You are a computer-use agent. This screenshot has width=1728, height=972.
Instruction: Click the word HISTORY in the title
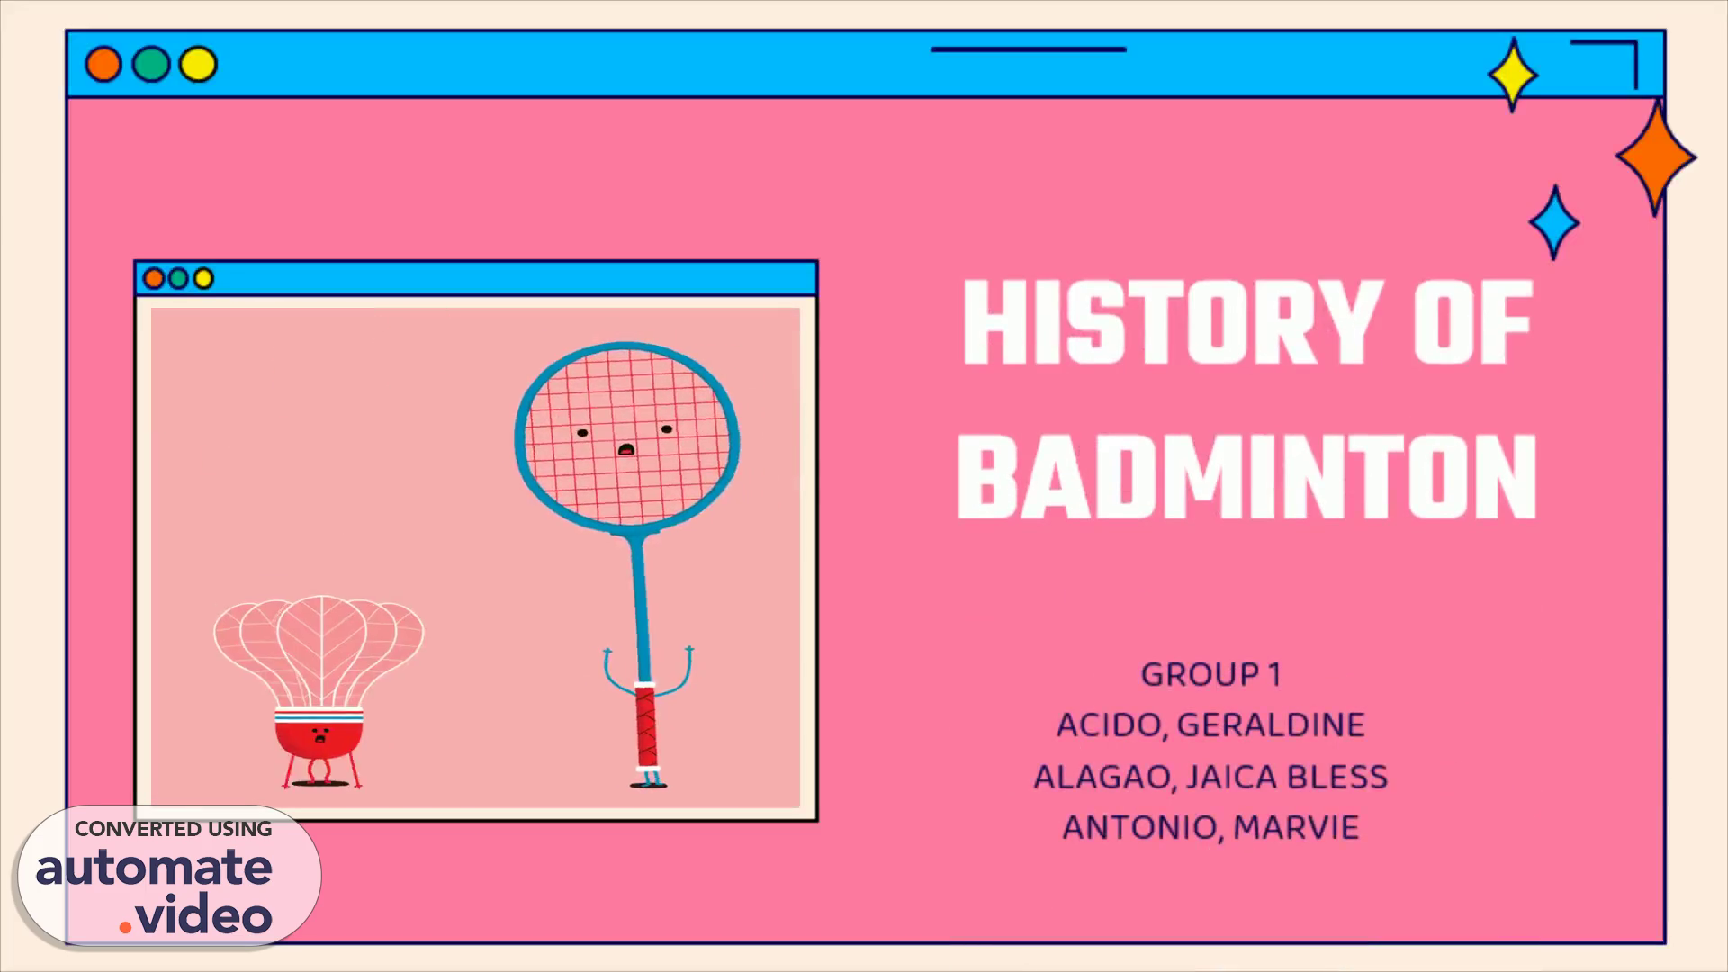1171,322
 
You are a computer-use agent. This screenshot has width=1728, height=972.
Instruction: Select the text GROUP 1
1210,674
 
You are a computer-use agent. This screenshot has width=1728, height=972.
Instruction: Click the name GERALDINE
1271,725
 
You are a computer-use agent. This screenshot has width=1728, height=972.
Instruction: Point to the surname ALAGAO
1102,777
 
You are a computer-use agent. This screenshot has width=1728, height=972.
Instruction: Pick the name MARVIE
1296,828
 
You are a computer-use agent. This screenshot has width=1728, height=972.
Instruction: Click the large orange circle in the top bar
103,65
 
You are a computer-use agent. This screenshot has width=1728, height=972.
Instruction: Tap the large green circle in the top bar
151,65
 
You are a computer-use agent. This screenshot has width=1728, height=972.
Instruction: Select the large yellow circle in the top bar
198,65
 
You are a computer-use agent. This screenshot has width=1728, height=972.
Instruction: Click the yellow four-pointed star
1513,75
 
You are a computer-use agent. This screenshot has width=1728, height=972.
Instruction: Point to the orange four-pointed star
1656,157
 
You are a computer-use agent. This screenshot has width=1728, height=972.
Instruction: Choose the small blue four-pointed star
1554,222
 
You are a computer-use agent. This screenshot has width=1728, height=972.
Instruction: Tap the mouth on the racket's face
625,448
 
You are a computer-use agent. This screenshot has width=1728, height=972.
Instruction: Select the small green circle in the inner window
178,279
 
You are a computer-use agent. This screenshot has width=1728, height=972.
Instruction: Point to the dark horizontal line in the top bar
1029,49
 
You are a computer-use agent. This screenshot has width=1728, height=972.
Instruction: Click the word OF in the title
1471,322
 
